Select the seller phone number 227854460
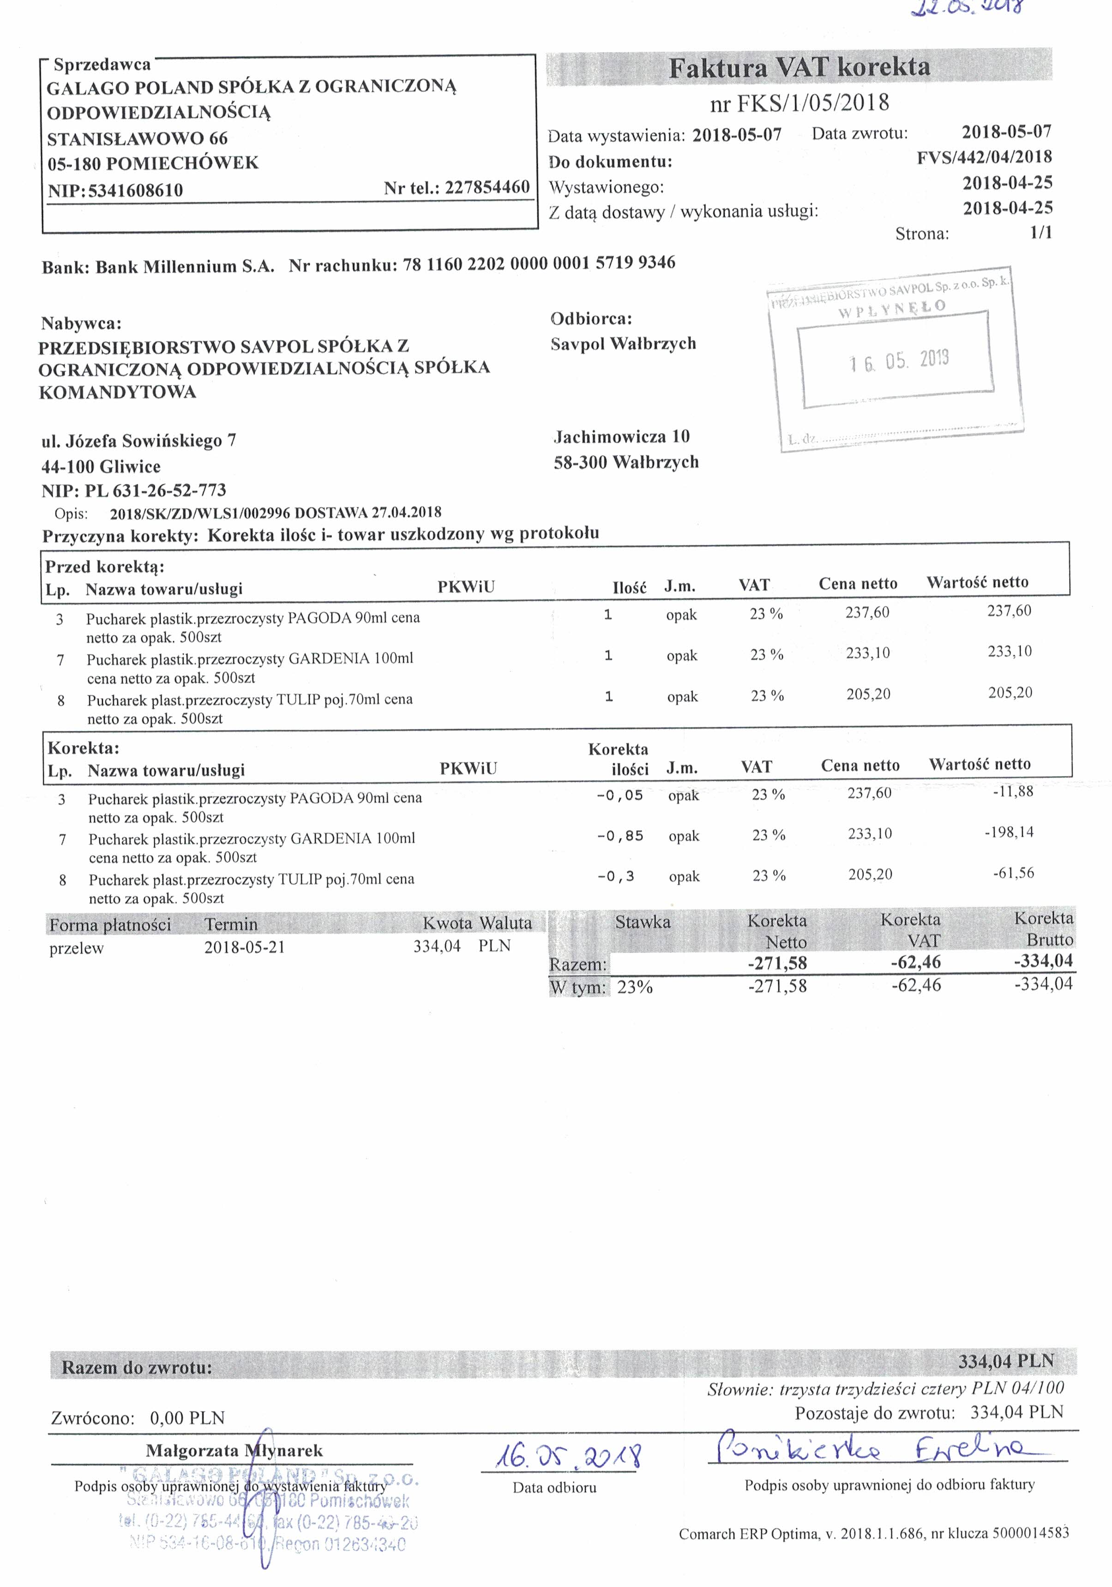tap(487, 187)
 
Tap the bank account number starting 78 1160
tap(538, 263)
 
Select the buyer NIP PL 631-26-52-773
tap(156, 491)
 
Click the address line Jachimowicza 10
tap(622, 437)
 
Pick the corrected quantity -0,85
tap(620, 836)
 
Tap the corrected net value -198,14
tap(1009, 832)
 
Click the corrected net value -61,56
tap(1013, 873)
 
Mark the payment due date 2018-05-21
tap(245, 947)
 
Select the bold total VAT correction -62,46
tap(916, 962)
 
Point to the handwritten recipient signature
tap(872, 1448)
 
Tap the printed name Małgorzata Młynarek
tap(234, 1451)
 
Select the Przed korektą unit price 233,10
tap(868, 653)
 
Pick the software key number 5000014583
tap(1030, 1533)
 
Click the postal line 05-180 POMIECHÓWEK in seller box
tap(153, 164)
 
